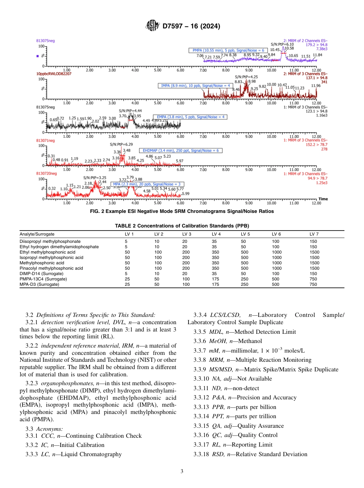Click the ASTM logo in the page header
pos(153,26)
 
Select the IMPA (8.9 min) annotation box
pos(195,86)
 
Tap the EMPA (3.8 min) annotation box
pos(190,117)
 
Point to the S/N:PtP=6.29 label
pos(121,144)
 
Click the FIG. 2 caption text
pos(182,211)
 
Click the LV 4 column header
pos(216,234)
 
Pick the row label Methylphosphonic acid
pos(42,263)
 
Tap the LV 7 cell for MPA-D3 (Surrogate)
pos(313,285)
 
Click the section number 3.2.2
pos(32,346)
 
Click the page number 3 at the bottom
pos(182,471)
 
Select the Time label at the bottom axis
pos(323,199)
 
